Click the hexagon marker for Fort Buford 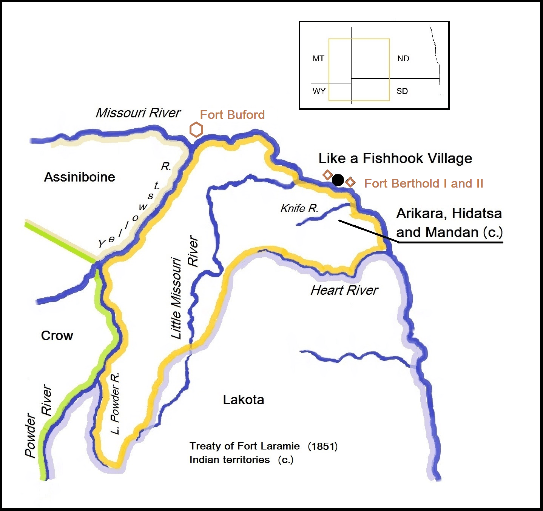click(196, 130)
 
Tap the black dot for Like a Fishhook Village click(338, 180)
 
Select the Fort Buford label click(232, 115)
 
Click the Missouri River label click(138, 112)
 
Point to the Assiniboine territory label click(80, 177)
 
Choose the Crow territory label click(57, 336)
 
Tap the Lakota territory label click(244, 400)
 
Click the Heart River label click(344, 290)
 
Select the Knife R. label click(299, 208)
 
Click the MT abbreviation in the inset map click(318, 58)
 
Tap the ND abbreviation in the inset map click(403, 58)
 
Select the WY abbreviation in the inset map click(319, 91)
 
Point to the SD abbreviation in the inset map click(402, 91)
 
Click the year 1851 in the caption click(323, 446)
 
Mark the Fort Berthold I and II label click(424, 183)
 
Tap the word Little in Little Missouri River click(176, 325)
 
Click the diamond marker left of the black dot click(327, 175)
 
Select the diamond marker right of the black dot click(350, 182)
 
